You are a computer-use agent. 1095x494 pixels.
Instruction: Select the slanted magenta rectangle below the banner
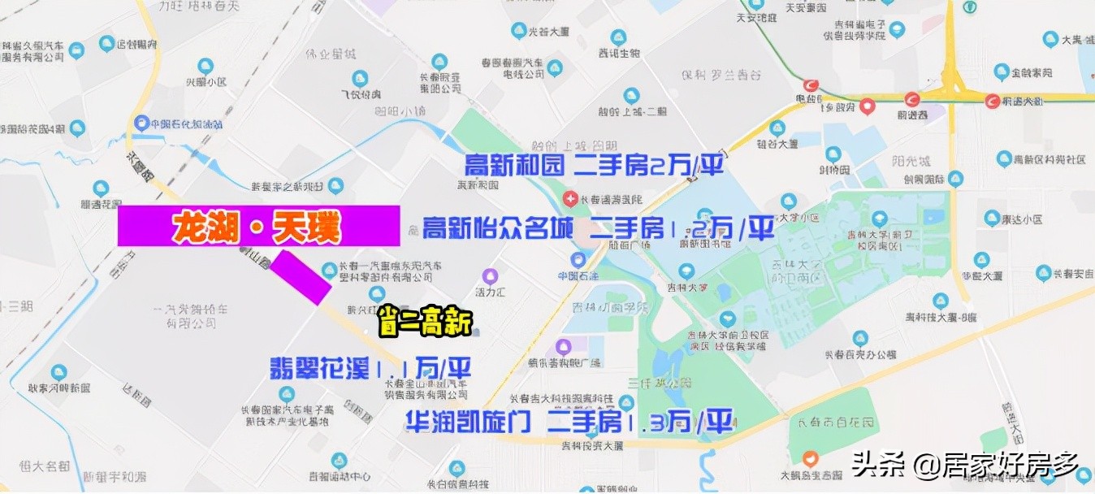[301, 278]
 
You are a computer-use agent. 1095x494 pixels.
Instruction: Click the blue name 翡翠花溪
[319, 368]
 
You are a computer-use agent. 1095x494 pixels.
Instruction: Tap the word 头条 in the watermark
[880, 466]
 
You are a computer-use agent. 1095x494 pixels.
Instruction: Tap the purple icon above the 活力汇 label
[490, 276]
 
